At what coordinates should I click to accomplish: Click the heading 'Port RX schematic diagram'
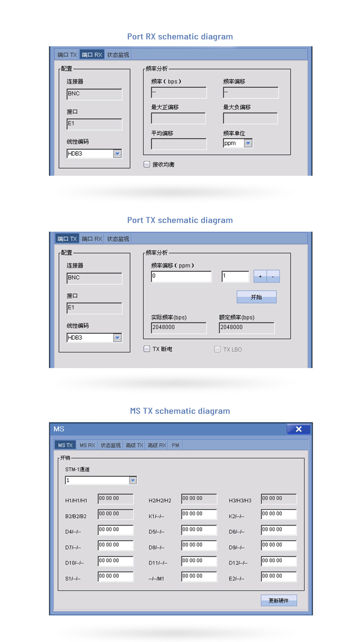[180, 37]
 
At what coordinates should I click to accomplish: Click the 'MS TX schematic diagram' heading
[180, 411]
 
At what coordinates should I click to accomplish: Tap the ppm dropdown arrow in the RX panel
[248, 143]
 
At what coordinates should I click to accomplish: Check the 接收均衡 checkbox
[147, 164]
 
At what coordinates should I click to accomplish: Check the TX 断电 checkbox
[147, 349]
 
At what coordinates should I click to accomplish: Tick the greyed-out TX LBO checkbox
[217, 349]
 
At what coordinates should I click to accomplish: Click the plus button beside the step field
[260, 276]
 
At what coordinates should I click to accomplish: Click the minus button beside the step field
[273, 276]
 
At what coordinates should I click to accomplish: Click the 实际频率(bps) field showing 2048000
[179, 328]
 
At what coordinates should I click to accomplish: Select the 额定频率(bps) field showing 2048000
[246, 328]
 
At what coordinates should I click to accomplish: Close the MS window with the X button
[299, 429]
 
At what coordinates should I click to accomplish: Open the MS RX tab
[87, 445]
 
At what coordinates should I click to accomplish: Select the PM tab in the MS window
[176, 445]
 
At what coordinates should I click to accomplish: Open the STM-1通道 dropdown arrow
[133, 480]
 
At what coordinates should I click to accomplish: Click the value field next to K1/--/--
[199, 514]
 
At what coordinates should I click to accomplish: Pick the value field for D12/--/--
[279, 561]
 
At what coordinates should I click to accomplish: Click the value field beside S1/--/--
[116, 577]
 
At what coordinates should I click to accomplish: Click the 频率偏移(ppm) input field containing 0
[181, 276]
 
